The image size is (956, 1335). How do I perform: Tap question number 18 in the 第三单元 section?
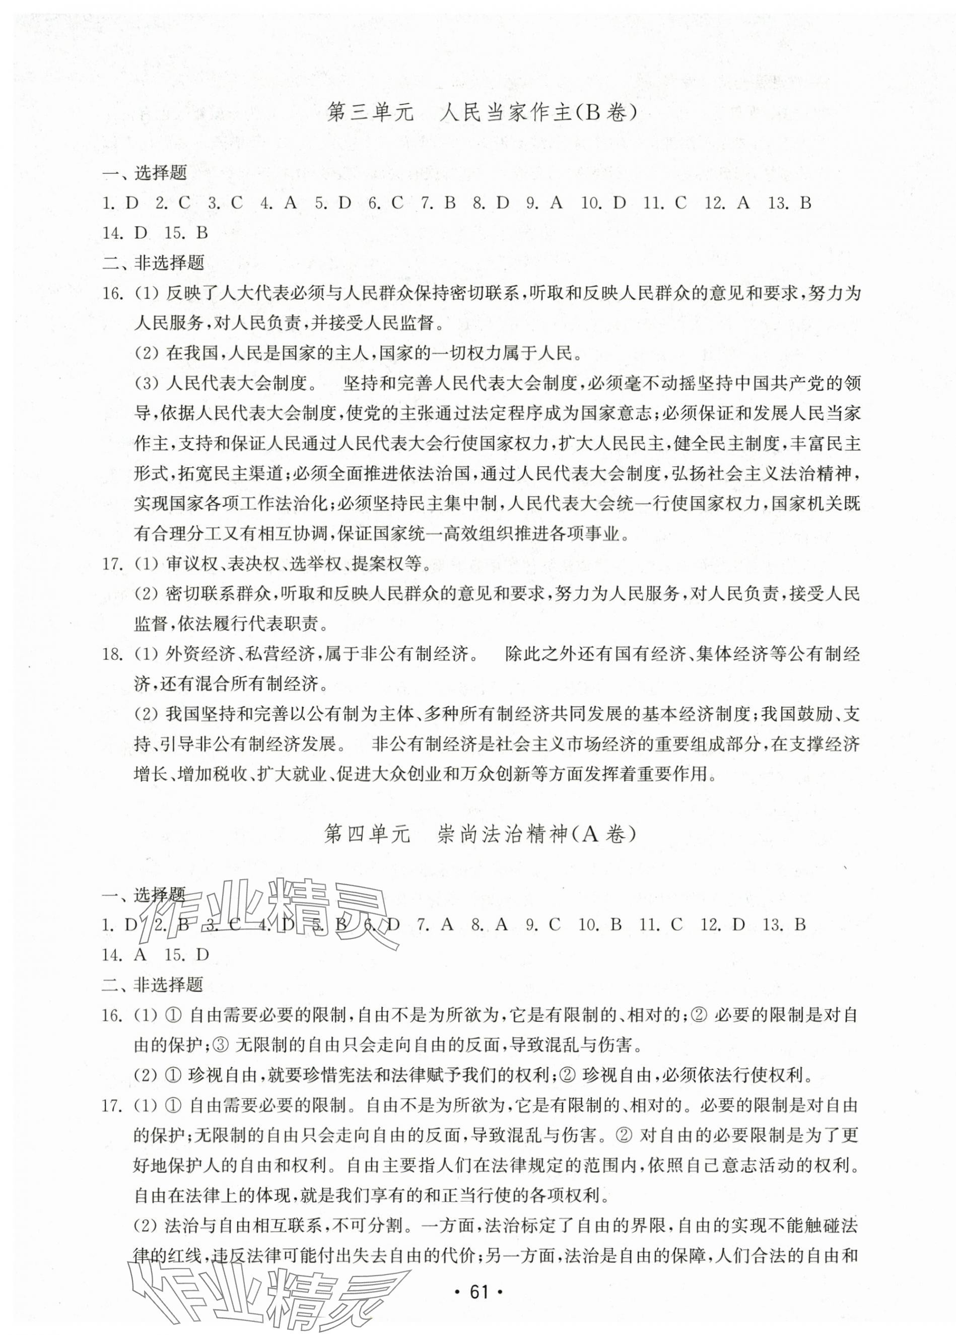pos(112,654)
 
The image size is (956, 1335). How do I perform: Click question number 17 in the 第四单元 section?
pos(112,1105)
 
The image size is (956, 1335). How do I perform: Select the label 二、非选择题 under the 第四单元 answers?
pos(153,985)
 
